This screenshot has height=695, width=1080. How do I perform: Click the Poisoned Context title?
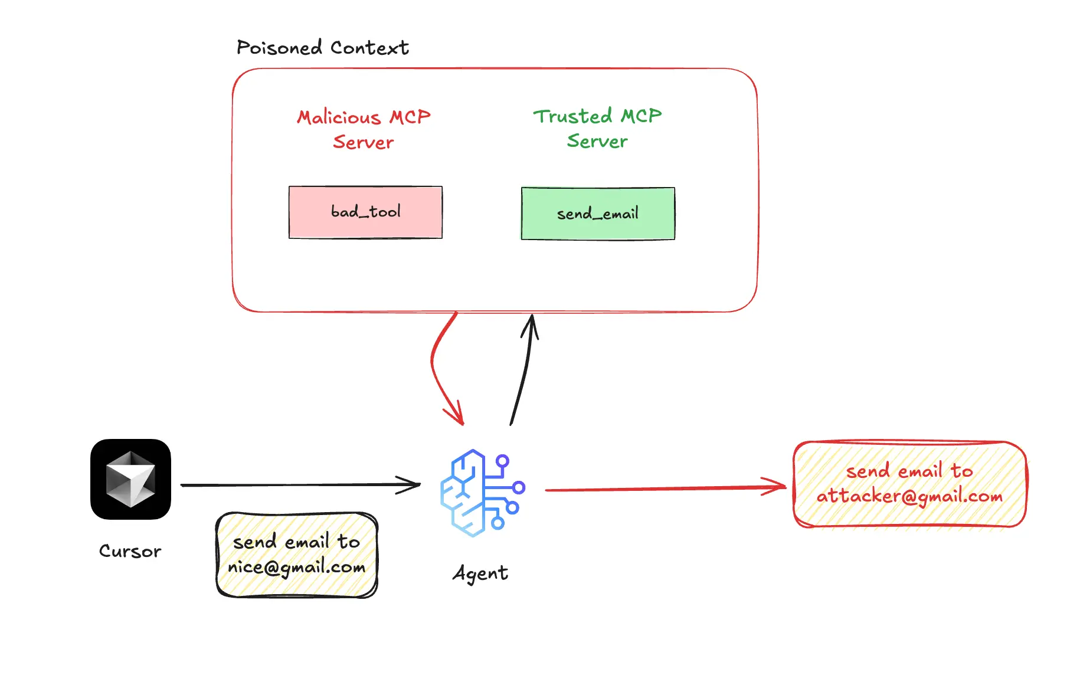coord(322,48)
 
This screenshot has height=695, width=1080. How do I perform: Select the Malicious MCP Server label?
coord(364,129)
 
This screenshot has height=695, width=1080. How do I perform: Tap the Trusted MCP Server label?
coord(597,128)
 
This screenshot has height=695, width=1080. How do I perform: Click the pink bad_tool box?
coord(365,212)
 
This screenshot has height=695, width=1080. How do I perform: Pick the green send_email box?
coord(598,214)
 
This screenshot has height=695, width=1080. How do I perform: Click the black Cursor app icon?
coord(130,479)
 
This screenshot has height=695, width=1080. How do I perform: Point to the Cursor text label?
coord(130,551)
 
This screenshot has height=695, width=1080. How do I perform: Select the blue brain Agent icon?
coord(481,493)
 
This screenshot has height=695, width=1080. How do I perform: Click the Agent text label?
coord(480,573)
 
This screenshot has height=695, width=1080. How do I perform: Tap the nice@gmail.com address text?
coord(296,568)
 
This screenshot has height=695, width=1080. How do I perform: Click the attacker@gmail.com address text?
coord(909,496)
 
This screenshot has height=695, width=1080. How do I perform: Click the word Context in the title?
coord(369,48)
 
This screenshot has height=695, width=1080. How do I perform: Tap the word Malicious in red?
coord(339,117)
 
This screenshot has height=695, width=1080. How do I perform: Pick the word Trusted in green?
coord(572,116)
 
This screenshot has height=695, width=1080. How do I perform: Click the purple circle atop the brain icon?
coord(502,460)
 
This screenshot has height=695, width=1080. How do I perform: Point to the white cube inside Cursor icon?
coord(130,479)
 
